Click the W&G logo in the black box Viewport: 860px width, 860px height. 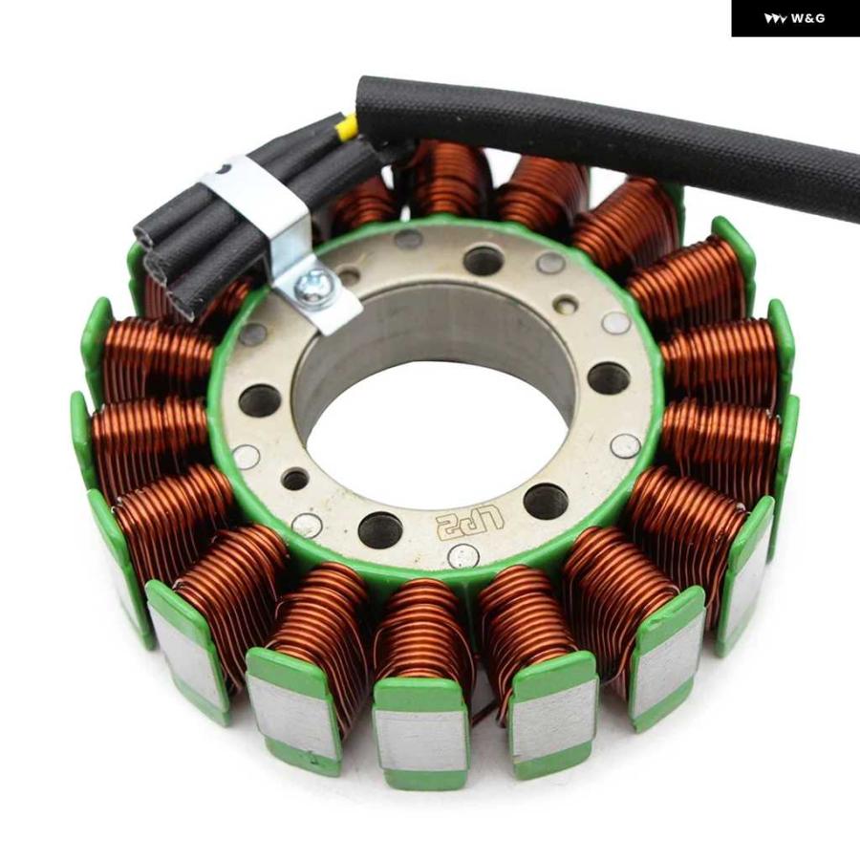(x=794, y=19)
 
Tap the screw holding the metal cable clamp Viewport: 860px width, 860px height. (x=309, y=286)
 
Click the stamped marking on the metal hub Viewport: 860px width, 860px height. (x=469, y=521)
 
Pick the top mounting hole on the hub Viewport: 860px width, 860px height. (x=484, y=261)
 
